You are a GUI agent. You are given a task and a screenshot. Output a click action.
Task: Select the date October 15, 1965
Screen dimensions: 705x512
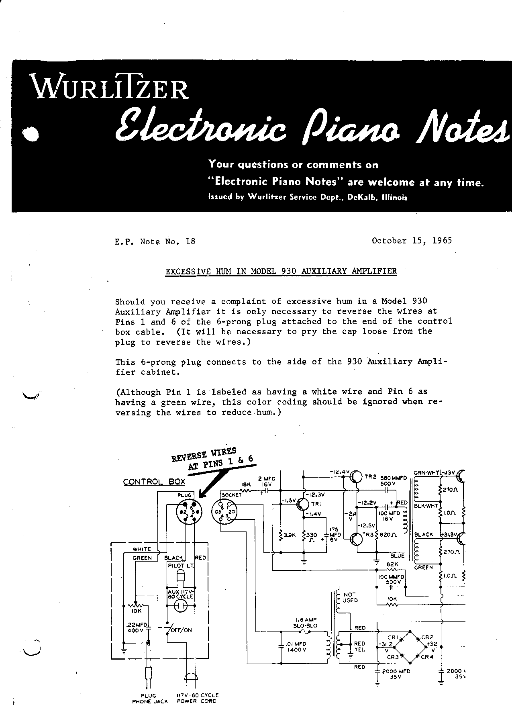click(412, 241)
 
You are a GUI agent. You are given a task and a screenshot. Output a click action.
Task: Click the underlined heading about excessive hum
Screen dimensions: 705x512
click(281, 271)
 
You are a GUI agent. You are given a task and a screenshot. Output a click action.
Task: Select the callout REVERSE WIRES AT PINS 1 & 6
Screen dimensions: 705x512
click(213, 459)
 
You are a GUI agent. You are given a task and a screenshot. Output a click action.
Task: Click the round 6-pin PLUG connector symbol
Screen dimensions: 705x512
click(189, 513)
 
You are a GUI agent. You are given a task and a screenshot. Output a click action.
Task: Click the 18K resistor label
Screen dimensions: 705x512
click(246, 485)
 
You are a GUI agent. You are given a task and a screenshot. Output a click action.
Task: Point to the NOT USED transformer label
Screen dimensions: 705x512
click(350, 597)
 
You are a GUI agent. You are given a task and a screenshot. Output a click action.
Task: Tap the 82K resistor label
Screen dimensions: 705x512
click(392, 564)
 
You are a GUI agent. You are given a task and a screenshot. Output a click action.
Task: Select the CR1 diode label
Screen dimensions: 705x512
click(392, 637)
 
